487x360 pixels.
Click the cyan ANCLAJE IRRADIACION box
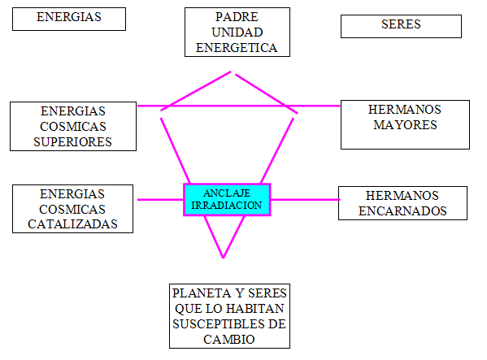[227, 200]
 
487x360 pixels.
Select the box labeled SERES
[401, 26]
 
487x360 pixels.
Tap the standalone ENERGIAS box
[69, 19]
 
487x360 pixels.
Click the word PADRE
[237, 17]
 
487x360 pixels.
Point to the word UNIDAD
[237, 33]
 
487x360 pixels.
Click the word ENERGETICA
[237, 48]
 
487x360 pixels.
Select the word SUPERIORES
[72, 142]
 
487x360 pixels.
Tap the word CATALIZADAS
[72, 224]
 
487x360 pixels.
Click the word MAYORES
[405, 125]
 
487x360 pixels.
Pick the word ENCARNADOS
[402, 211]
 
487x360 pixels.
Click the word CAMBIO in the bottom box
[229, 340]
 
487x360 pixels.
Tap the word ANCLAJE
[227, 193]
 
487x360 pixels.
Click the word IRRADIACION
[227, 206]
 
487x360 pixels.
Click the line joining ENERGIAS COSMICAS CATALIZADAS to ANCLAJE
[160, 200]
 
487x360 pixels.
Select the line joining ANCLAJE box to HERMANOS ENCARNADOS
[306, 200]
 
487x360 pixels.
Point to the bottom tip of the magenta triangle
[223, 258]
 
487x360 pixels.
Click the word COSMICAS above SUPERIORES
[73, 127]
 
